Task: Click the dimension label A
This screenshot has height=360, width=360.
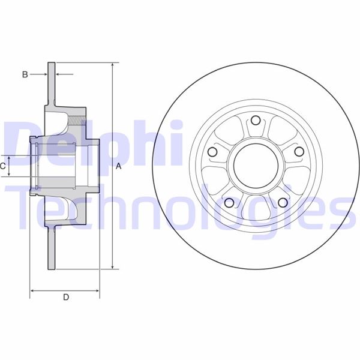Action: (x=118, y=166)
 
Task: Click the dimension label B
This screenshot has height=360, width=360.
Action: (x=25, y=74)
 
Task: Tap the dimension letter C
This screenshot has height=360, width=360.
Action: (x=4, y=165)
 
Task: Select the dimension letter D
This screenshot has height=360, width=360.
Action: (x=66, y=297)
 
